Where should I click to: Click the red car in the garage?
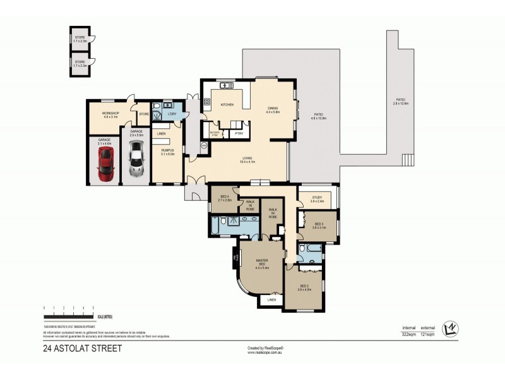(x=105, y=165)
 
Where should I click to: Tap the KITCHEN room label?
(x=227, y=104)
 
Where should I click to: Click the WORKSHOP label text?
(x=110, y=114)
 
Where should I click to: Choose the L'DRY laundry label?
(x=171, y=114)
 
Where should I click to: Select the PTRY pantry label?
(x=239, y=133)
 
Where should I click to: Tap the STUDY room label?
(x=317, y=199)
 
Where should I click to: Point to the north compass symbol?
(x=451, y=327)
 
